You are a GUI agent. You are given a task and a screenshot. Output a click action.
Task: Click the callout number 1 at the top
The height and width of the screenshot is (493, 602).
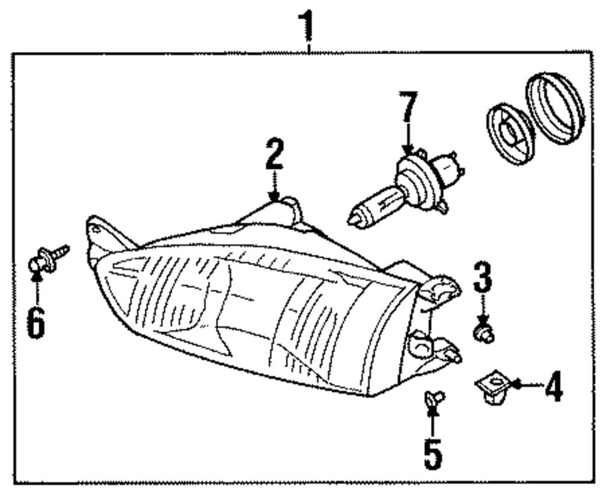(x=308, y=24)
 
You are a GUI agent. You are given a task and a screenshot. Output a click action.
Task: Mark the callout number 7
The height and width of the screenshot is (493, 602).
(x=408, y=110)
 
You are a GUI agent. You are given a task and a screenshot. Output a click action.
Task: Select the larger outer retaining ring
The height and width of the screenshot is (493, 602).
(x=555, y=108)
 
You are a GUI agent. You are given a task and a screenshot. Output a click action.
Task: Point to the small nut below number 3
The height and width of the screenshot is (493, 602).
(x=483, y=333)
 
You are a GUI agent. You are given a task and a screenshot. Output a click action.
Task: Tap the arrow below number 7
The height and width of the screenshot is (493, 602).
(x=408, y=141)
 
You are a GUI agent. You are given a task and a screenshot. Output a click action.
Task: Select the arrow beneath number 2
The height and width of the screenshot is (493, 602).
(x=275, y=188)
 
